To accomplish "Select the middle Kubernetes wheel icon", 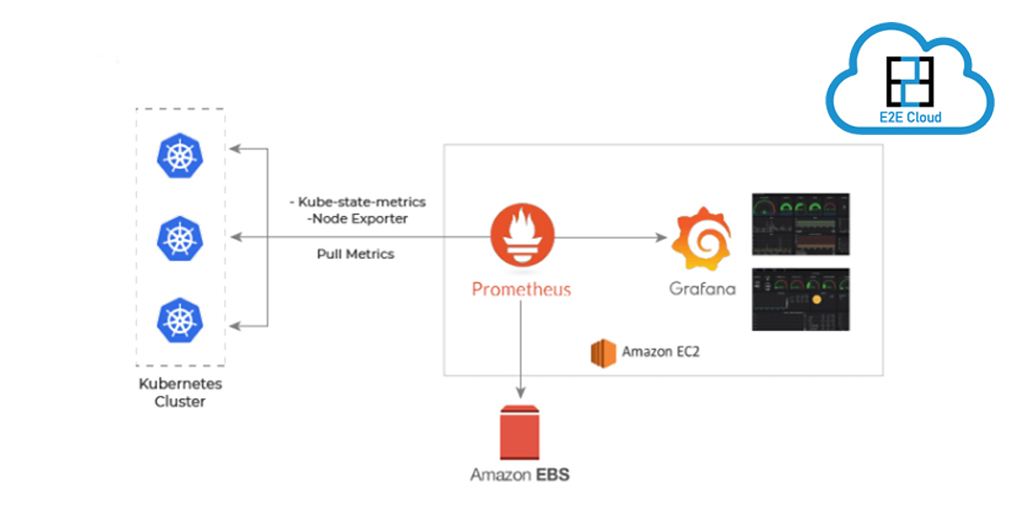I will coord(179,238).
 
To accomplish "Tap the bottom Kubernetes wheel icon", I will coord(179,319).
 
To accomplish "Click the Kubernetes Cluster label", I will coord(180,392).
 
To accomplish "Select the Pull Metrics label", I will coord(355,254).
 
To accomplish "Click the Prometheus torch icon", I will coord(520,238).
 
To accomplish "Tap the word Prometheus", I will coord(520,290).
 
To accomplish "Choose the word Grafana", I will coord(702,290).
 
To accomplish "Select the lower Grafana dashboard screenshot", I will coord(799,299).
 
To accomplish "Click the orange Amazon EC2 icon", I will coord(601,352).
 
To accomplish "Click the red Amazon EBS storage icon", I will coord(520,432).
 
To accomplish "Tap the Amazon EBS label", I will coord(520,475).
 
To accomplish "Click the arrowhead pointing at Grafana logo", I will coord(661,238).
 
